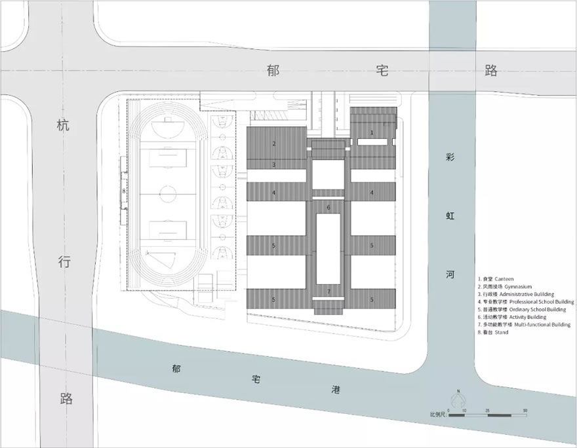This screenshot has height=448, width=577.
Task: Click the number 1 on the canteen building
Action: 372,132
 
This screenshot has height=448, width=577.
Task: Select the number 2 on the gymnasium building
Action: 274,143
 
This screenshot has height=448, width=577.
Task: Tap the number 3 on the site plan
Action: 274,164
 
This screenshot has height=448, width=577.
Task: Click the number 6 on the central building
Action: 328,208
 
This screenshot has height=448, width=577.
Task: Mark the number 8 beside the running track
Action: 123,191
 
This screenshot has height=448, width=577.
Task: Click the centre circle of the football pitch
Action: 168,194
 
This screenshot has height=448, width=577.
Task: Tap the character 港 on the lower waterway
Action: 336,390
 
